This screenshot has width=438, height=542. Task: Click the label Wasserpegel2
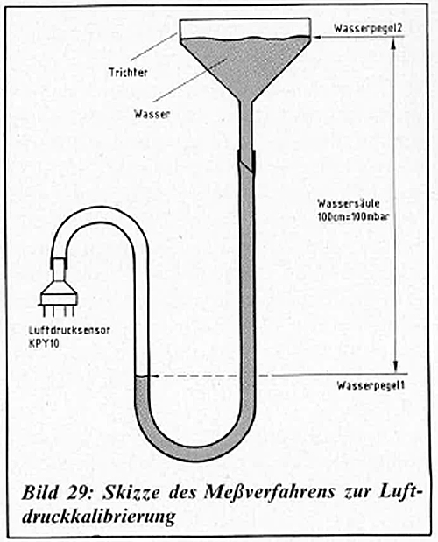[x=368, y=28]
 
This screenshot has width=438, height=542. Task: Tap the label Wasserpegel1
[x=371, y=385]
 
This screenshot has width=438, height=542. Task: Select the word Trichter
[x=128, y=73]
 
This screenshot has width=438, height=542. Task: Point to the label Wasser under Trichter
[x=152, y=114]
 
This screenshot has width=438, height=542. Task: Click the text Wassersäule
[x=349, y=203]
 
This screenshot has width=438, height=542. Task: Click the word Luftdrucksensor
[x=69, y=330]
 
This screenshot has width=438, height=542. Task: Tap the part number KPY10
[x=44, y=343]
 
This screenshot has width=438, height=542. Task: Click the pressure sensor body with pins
[x=58, y=287]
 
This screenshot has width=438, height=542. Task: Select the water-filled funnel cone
[x=245, y=66]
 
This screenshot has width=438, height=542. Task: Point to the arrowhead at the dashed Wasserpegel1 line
[x=154, y=376]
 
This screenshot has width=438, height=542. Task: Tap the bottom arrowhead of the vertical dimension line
[x=396, y=367]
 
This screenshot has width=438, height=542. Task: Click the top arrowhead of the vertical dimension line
[x=394, y=42]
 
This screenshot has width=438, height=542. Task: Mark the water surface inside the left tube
[x=142, y=377]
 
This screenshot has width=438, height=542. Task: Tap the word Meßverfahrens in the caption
[x=269, y=493]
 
